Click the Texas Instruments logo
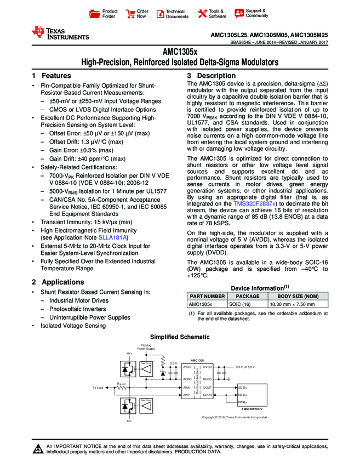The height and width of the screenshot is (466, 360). pos(60,33)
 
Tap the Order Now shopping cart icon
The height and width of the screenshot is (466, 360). pos(130,14)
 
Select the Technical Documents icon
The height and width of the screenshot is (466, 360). pos(159,14)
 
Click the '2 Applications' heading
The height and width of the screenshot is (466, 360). pos(58,282)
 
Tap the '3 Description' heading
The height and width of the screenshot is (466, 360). pos(212,76)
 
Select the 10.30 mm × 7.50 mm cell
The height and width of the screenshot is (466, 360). pos(292,303)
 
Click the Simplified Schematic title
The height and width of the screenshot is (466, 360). pos(180,337)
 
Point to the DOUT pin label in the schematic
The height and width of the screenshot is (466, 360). pos(207,388)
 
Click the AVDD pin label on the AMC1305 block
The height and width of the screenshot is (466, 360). pos(187,366)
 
